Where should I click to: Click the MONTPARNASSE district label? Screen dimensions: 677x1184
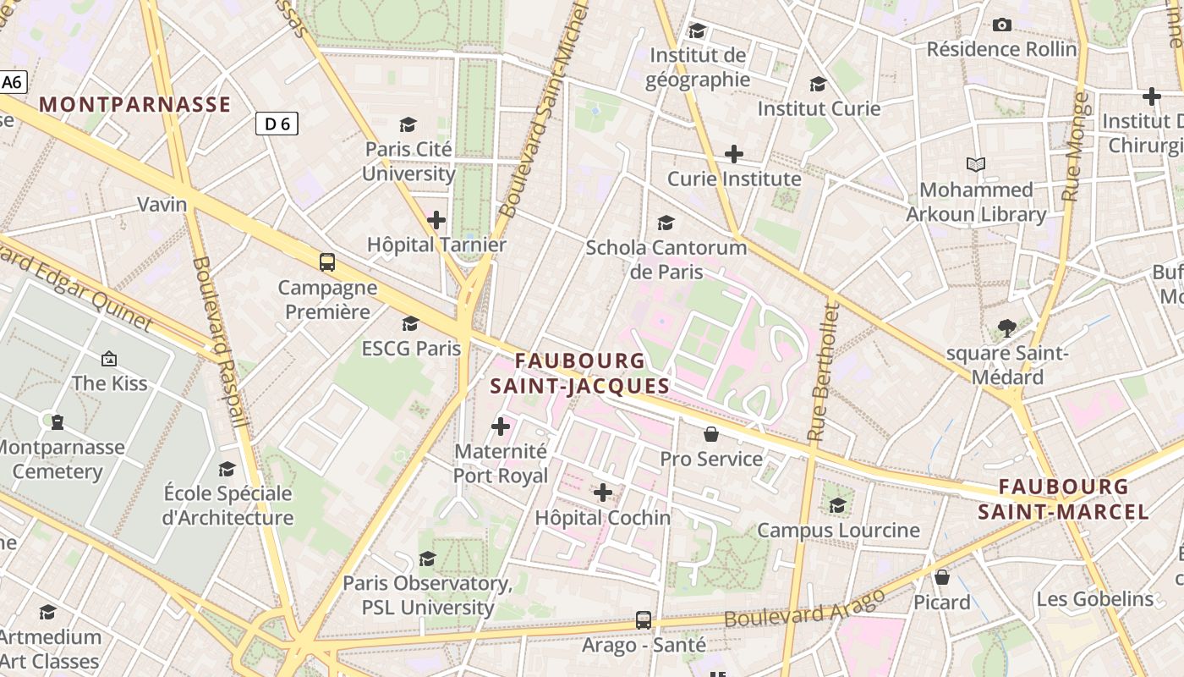[135, 104]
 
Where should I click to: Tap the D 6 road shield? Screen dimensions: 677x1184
[277, 124]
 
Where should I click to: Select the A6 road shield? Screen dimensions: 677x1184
[13, 83]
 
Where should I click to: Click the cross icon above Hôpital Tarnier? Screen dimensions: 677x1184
[436, 221]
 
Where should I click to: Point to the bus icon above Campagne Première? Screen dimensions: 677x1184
[327, 262]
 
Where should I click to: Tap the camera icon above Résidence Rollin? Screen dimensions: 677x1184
[1002, 25]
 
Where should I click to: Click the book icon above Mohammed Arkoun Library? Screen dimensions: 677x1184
[976, 165]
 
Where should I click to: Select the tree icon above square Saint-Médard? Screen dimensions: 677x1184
[1006, 327]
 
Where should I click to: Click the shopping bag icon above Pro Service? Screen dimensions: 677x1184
[711, 434]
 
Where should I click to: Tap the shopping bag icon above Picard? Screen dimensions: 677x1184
[942, 577]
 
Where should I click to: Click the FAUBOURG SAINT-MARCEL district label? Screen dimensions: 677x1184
[1063, 499]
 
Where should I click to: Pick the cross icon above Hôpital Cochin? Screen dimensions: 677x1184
[603, 493]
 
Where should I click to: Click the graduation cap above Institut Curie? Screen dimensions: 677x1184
[818, 84]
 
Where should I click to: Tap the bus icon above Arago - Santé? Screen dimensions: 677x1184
[644, 620]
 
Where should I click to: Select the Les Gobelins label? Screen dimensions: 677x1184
[1095, 599]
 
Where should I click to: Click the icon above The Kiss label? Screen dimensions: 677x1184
[108, 359]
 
